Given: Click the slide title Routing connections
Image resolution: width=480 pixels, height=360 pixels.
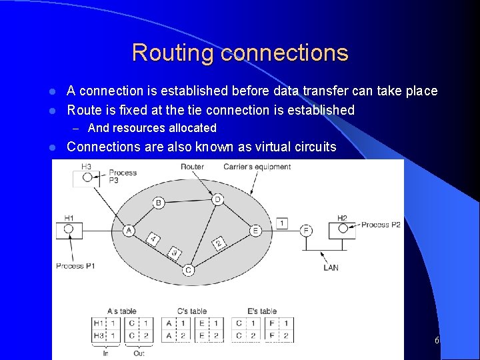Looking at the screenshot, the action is click(x=240, y=53).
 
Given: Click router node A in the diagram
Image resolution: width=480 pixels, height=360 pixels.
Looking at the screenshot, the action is click(x=129, y=231).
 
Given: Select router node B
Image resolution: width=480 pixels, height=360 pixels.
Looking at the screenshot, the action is click(x=159, y=203).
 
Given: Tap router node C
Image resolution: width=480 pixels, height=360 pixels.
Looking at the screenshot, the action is click(x=188, y=270).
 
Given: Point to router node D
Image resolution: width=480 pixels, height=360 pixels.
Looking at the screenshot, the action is click(x=216, y=199).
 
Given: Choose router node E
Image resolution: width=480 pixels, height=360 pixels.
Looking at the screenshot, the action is click(x=255, y=231).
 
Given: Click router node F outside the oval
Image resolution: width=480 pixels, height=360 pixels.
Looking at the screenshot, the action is click(x=305, y=231).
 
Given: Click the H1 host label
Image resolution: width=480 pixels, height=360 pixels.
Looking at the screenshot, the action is click(x=69, y=217).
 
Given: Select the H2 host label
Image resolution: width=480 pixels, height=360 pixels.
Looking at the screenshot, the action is click(x=342, y=217).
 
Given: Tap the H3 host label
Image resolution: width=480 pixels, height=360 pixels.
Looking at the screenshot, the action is click(x=86, y=166).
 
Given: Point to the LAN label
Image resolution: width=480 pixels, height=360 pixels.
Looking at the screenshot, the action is click(x=331, y=267).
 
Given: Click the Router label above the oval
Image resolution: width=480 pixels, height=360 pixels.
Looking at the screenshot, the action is click(x=192, y=166).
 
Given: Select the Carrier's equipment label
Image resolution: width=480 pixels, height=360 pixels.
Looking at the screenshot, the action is click(x=257, y=166).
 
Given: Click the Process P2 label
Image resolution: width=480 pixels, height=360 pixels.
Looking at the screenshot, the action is click(x=381, y=225).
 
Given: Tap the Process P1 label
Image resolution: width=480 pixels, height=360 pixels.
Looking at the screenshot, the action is click(x=75, y=266).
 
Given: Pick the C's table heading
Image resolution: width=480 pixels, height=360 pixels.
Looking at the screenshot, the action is click(x=191, y=311).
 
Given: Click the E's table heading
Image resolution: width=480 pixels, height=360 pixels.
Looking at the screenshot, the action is click(x=262, y=311).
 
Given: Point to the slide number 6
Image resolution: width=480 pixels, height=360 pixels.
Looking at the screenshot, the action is click(x=437, y=340).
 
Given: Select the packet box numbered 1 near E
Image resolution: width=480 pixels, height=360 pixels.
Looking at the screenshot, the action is click(x=282, y=223).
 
